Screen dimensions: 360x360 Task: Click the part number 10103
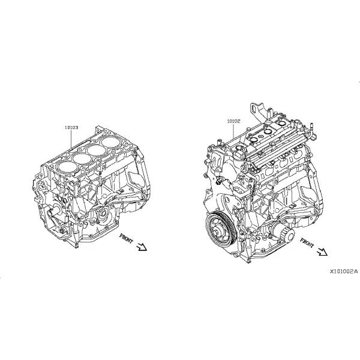click(x=71, y=127)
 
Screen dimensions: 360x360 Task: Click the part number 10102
click(x=233, y=121)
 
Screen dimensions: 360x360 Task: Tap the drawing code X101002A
click(x=344, y=272)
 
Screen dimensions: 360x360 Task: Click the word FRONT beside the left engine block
click(x=126, y=238)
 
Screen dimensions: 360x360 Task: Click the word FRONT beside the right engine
click(x=307, y=243)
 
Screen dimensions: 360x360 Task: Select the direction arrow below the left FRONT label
click(x=142, y=247)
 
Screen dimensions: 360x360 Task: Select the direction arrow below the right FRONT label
click(x=322, y=252)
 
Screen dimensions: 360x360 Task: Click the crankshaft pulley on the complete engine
click(x=220, y=228)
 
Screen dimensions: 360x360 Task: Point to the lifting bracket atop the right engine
click(x=258, y=112)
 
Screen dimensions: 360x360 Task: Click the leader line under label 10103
click(x=71, y=139)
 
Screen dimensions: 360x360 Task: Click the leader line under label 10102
click(x=233, y=131)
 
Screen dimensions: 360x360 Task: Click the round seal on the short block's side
click(x=103, y=214)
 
